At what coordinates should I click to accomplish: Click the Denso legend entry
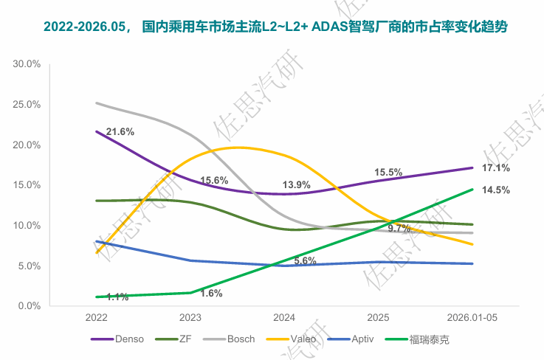coord(117,339)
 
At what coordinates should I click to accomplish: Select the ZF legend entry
coord(173,339)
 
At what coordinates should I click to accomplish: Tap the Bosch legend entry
coord(229,339)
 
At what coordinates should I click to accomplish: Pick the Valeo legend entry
coord(291,339)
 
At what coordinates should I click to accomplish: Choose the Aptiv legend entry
coord(351,339)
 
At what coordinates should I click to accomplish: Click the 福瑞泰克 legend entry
coord(417,339)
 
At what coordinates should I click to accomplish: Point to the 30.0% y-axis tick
coord(27,64)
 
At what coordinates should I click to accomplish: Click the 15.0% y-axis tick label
coord(27,185)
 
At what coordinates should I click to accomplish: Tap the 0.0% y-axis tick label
coord(30,306)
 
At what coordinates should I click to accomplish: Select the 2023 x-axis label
coord(190,317)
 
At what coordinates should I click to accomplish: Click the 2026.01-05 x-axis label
coord(472,317)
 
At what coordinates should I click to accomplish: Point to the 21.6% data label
coord(120,132)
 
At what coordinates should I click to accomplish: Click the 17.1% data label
coord(496,168)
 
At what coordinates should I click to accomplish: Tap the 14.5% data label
coord(496,190)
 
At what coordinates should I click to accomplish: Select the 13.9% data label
coord(296,185)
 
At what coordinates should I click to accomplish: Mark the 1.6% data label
coord(211,294)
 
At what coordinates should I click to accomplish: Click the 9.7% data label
coord(399,228)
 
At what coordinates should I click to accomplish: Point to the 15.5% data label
coord(388,173)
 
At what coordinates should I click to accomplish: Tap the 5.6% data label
coord(306,261)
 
